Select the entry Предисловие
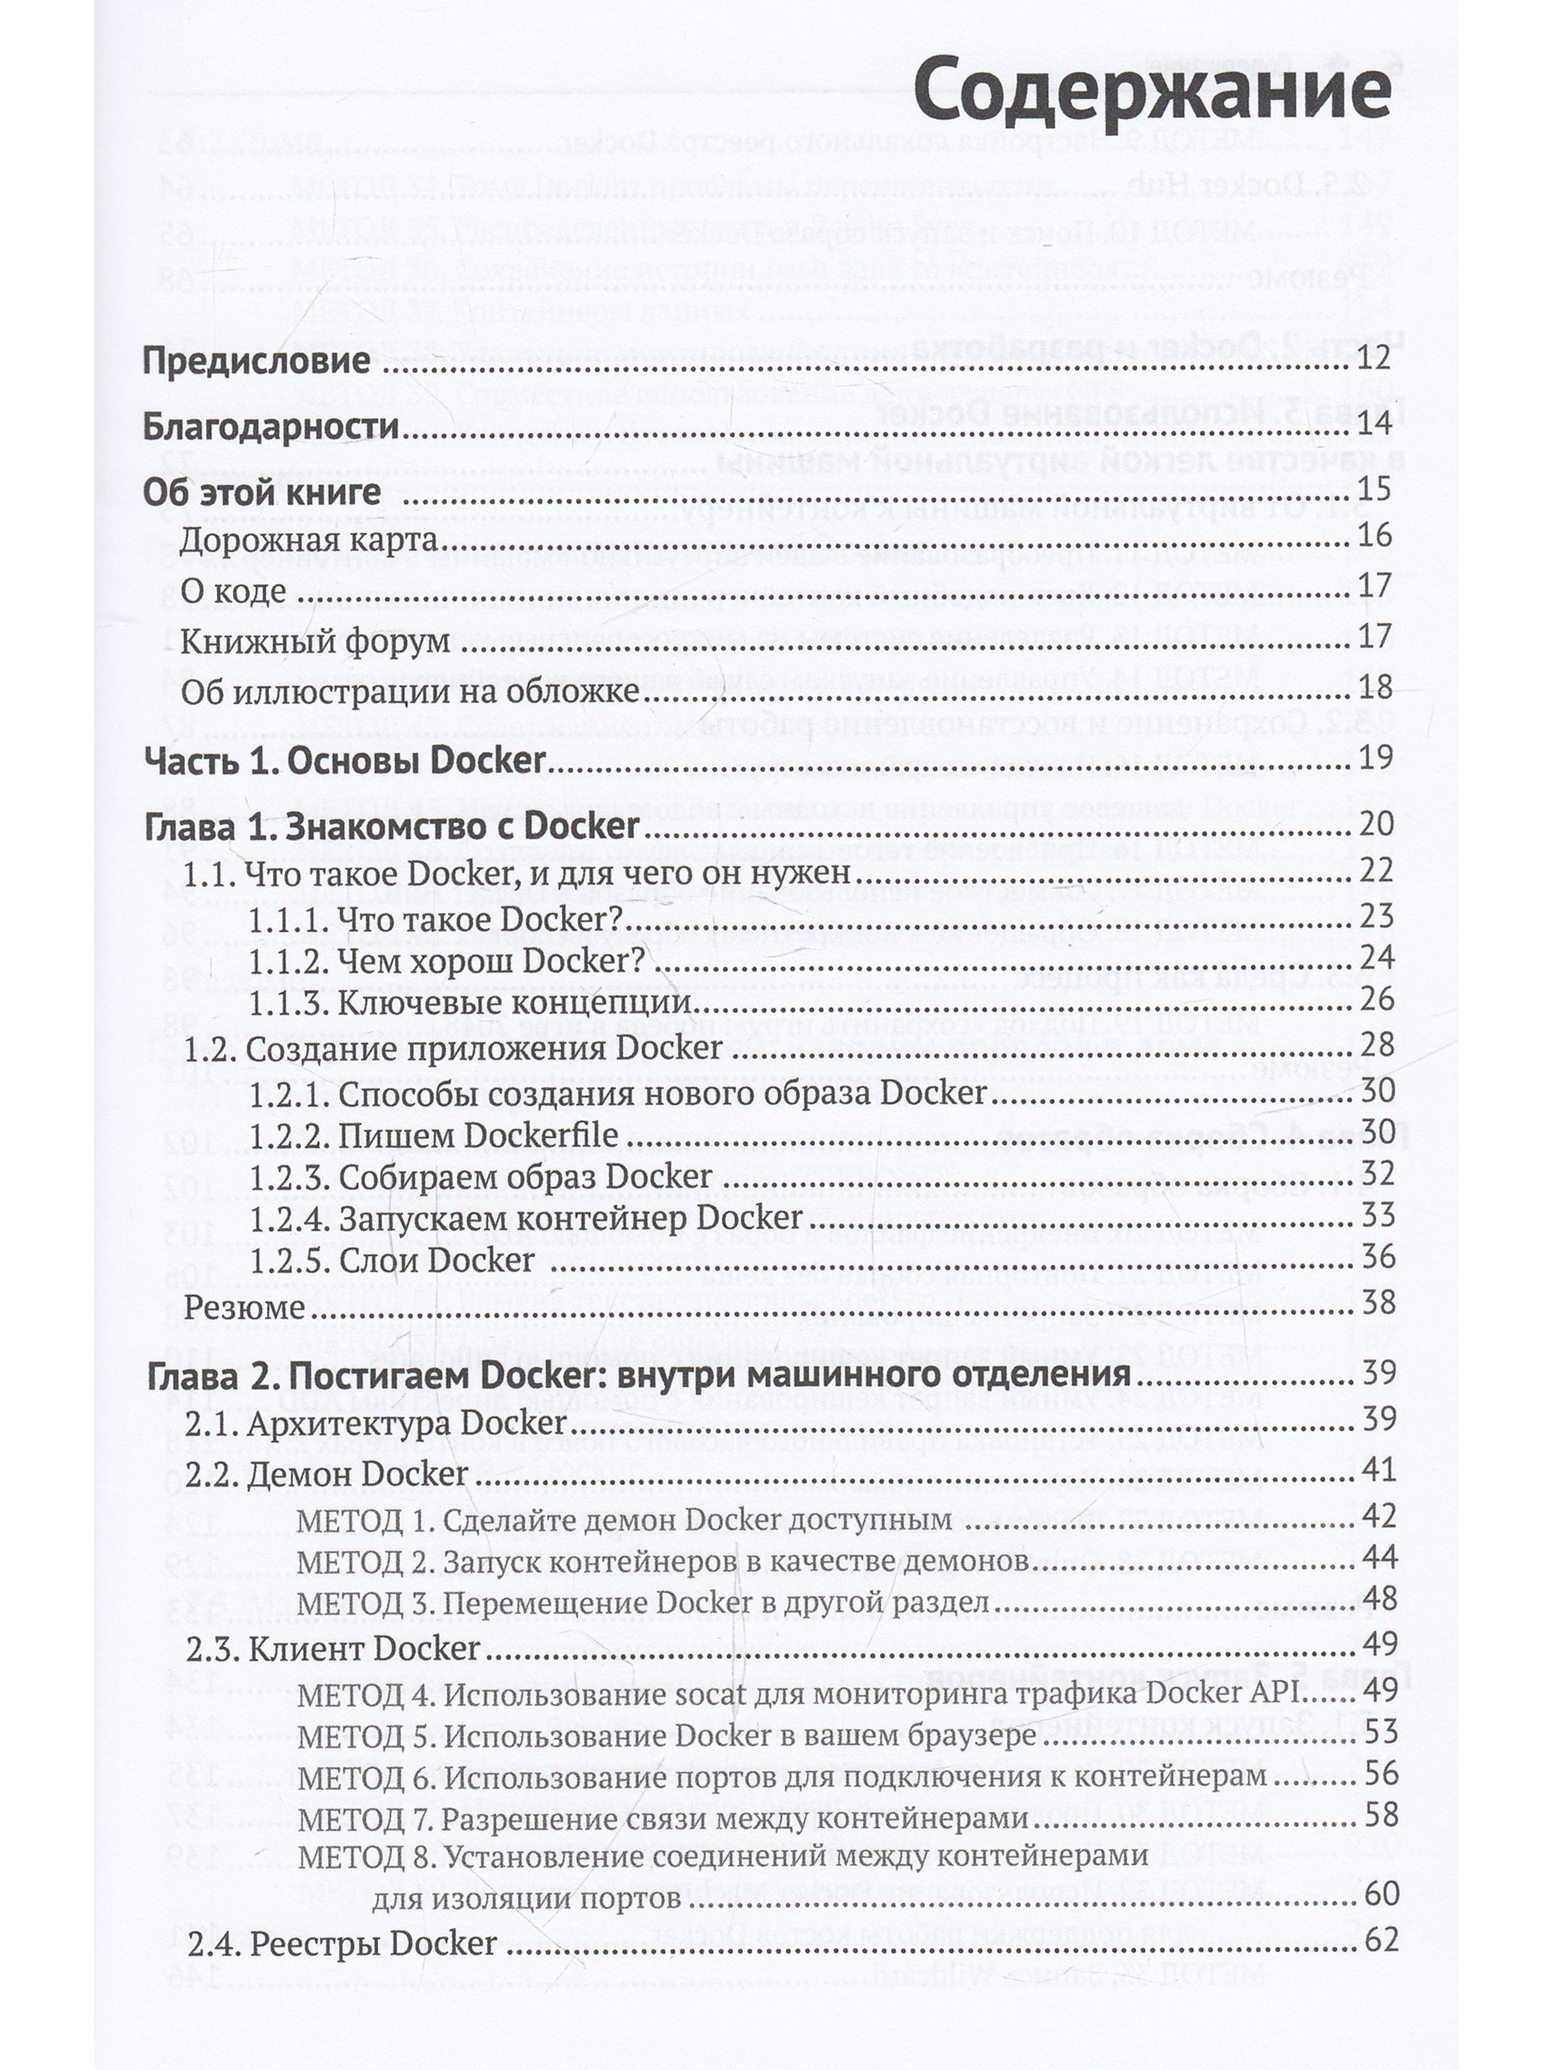(256, 361)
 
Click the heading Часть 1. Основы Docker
(344, 760)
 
